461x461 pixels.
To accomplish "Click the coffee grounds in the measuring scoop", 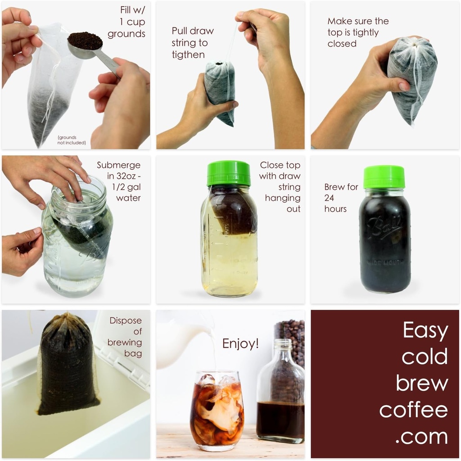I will (x=85, y=41).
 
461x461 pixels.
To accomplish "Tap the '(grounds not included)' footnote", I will (x=71, y=140).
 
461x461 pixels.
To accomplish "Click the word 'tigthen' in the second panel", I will (x=188, y=55).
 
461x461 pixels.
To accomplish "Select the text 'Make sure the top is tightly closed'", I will (x=358, y=32).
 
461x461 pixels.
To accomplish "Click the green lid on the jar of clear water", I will (x=229, y=173).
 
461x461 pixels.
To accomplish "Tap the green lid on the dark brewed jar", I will (x=384, y=177).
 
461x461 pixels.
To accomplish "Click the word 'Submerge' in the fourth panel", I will (x=118, y=165).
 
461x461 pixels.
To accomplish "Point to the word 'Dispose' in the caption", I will (x=126, y=321).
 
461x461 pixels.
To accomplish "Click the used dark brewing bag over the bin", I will (x=68, y=365).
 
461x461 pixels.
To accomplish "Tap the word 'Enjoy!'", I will (x=240, y=344).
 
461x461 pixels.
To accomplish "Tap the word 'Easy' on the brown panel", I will (x=425, y=330).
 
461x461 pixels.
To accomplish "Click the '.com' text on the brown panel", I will (x=422, y=437).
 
